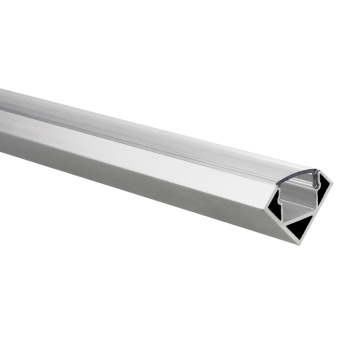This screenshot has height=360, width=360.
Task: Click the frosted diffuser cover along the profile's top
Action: (150, 135)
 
